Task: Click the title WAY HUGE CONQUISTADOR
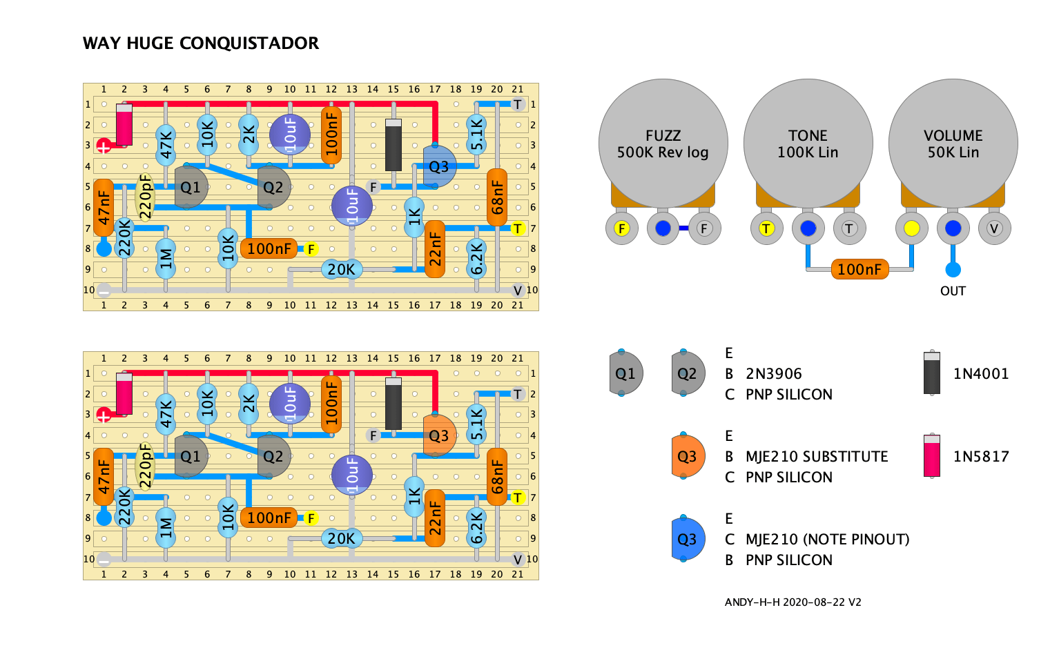tap(200, 43)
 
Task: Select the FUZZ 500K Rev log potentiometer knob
tap(663, 144)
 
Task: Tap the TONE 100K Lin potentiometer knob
tap(808, 144)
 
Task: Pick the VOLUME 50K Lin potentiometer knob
tap(953, 144)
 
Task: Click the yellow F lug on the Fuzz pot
tap(622, 228)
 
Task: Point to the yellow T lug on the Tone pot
tap(766, 228)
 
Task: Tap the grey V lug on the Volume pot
tap(994, 228)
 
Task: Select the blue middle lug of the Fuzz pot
tap(663, 228)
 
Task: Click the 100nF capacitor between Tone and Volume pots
tap(859, 269)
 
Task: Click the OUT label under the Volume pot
tap(953, 291)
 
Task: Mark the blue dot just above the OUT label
tap(953, 270)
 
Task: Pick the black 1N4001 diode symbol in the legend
tap(932, 373)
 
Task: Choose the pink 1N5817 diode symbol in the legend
tap(932, 456)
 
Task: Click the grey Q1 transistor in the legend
tap(625, 373)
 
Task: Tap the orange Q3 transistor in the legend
tap(688, 456)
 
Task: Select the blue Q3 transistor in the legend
tap(688, 539)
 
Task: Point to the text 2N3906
tap(773, 374)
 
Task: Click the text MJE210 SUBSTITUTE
tap(817, 456)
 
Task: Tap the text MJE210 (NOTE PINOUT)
tap(827, 539)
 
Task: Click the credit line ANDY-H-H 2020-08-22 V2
tap(793, 602)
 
